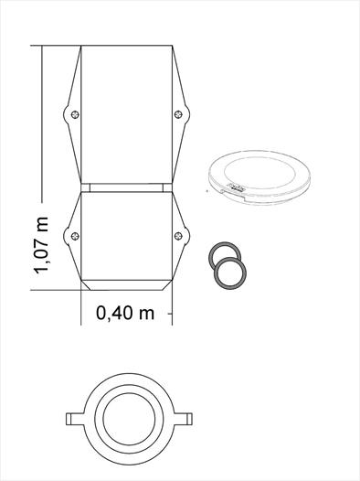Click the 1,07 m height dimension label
point(41,245)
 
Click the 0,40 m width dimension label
point(125,314)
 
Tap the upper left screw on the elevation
point(75,114)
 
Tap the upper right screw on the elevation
point(178,114)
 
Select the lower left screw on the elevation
point(75,236)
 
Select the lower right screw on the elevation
point(178,236)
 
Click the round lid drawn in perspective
point(259,177)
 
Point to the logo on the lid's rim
point(236,187)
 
